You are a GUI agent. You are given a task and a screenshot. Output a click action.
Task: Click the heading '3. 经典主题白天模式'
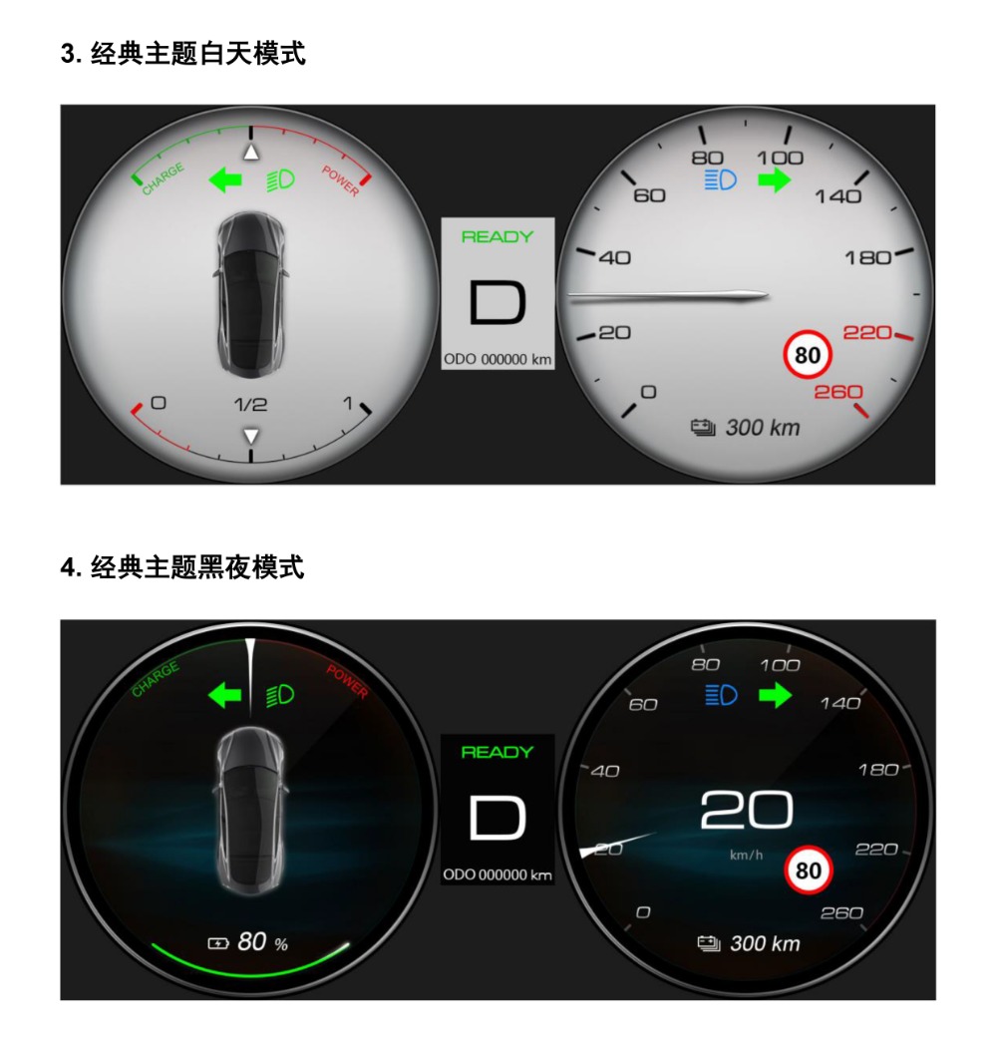(x=182, y=53)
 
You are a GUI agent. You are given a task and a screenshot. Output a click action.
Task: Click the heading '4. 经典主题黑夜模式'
(x=182, y=567)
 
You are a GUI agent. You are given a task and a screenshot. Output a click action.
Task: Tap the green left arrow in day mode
(x=224, y=179)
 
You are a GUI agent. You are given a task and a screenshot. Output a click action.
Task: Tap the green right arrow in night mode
(x=775, y=696)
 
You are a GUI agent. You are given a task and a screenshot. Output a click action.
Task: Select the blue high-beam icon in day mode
(x=720, y=179)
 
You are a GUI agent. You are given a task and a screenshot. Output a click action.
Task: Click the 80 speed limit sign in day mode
(x=808, y=355)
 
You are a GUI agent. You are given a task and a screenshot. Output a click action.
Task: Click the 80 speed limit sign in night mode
(x=809, y=870)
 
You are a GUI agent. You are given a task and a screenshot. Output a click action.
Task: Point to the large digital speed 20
(x=746, y=810)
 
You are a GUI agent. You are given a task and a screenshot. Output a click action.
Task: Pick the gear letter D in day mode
(x=498, y=303)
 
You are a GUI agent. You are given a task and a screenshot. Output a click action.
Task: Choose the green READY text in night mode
(x=498, y=752)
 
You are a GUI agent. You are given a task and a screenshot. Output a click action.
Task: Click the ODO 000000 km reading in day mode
(x=498, y=360)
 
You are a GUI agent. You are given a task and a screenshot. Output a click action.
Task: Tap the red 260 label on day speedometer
(x=838, y=392)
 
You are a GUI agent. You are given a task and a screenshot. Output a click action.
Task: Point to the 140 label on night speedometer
(x=840, y=703)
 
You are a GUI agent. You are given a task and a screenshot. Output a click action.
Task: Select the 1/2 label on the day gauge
(x=251, y=405)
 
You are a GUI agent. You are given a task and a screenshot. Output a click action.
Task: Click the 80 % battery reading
(x=248, y=942)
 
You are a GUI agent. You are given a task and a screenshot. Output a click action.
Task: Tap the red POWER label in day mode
(x=341, y=180)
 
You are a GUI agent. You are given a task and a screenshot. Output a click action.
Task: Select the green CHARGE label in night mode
(x=155, y=679)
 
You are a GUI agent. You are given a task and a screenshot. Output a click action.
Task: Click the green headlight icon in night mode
(x=280, y=696)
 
